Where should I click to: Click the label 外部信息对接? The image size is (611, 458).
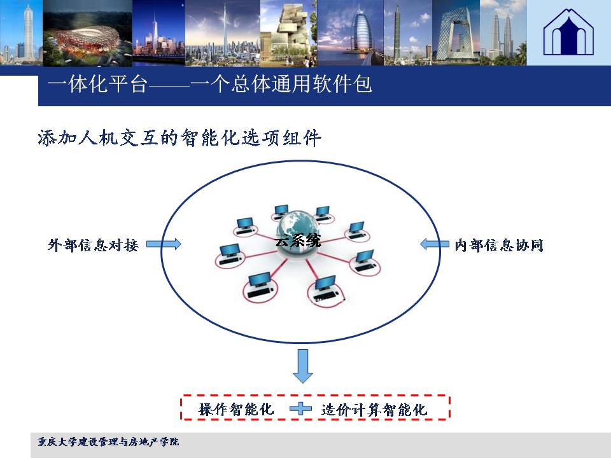click(x=93, y=246)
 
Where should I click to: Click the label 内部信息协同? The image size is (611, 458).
click(x=499, y=246)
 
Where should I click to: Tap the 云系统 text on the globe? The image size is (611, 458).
click(x=298, y=240)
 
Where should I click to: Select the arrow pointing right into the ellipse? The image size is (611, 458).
click(x=164, y=244)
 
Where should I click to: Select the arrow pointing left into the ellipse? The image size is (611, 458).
click(x=435, y=244)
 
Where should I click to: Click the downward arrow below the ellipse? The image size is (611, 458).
click(x=303, y=366)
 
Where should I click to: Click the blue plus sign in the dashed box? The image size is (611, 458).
click(x=300, y=408)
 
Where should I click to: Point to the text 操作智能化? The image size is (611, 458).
click(x=236, y=409)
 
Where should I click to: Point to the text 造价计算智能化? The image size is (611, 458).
click(x=374, y=410)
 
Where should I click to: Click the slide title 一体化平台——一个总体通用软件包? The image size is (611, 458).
click(x=210, y=84)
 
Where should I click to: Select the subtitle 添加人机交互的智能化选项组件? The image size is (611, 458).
click(x=179, y=138)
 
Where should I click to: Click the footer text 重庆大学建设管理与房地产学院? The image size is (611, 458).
click(x=108, y=441)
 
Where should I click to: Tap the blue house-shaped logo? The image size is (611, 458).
click(x=568, y=32)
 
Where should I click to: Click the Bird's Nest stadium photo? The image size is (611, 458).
click(x=88, y=32)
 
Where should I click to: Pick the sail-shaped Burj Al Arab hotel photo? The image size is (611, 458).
click(x=351, y=32)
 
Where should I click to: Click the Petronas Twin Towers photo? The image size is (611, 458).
click(x=503, y=32)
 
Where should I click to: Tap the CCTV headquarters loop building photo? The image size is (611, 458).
click(x=456, y=32)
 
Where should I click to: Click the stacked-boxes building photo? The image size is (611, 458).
click(x=289, y=32)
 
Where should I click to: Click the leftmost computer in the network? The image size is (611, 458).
click(x=230, y=255)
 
